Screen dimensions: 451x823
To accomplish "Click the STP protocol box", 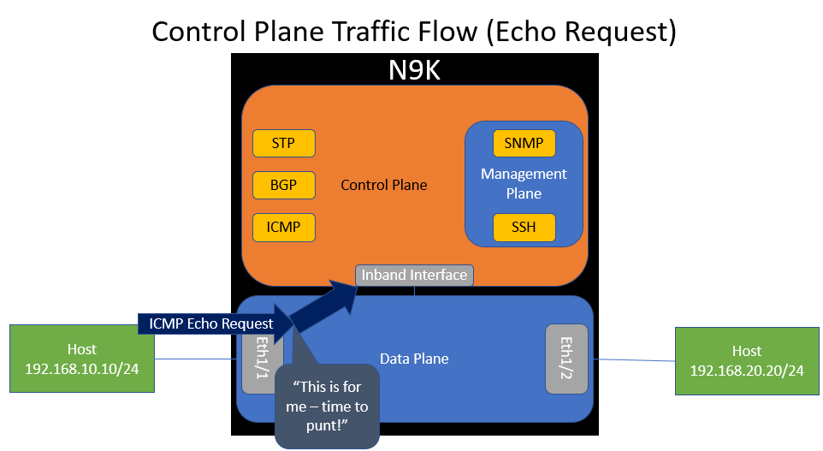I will [284, 143].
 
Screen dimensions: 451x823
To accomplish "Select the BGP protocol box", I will [284, 185].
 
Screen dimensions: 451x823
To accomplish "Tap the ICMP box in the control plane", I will [284, 227].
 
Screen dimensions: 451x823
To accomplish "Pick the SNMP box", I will [524, 143].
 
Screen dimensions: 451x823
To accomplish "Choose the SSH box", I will [524, 227].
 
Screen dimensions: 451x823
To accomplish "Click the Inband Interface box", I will [414, 275].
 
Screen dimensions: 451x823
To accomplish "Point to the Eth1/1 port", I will [256, 359].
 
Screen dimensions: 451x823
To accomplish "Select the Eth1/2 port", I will [566, 359].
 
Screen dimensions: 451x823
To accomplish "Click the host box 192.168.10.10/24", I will [82, 359].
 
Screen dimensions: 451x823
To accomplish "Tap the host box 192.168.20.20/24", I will [747, 360].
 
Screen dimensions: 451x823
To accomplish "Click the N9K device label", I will [414, 70].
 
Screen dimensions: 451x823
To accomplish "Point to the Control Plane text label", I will [383, 185].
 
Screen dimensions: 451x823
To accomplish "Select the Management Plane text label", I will [524, 183].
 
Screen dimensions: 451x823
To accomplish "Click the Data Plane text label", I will [414, 359].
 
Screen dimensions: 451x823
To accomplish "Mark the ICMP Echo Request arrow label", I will [210, 323].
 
